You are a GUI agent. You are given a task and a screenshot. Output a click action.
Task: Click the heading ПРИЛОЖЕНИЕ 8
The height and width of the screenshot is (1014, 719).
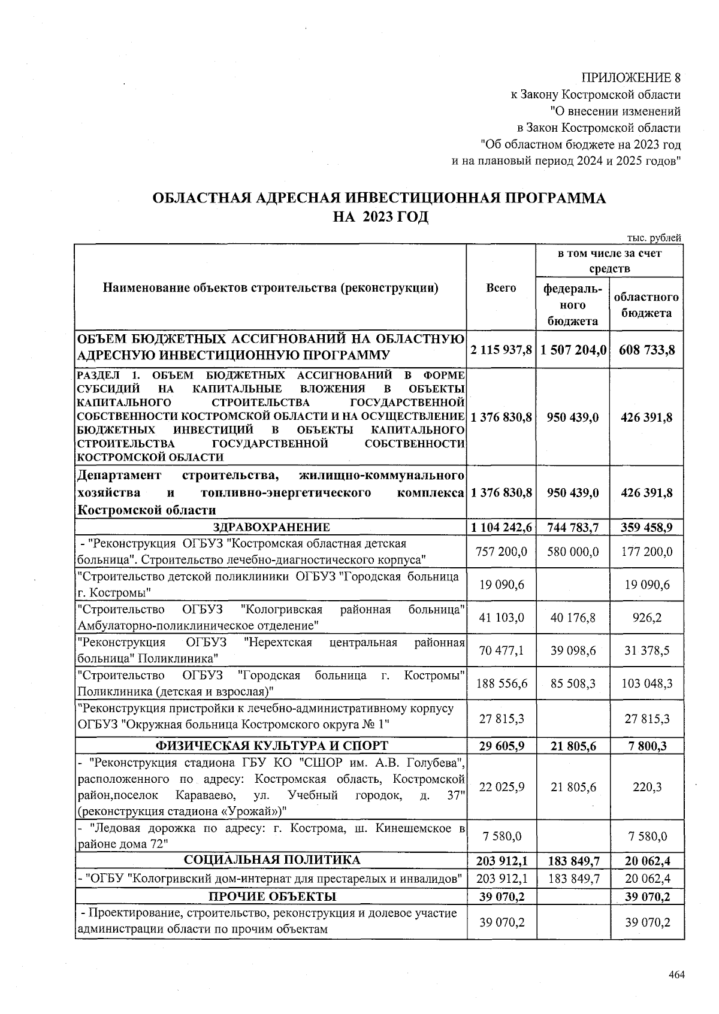click(x=632, y=78)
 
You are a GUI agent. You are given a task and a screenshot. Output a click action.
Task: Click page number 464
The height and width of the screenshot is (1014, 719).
click(x=676, y=974)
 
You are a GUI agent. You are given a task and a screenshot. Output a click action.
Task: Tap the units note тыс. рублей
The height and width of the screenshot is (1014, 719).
click(x=654, y=238)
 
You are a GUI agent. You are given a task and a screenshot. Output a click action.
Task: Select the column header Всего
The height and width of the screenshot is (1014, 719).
click(x=501, y=288)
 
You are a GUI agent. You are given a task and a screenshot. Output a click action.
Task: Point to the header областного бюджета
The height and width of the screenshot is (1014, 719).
click(x=646, y=305)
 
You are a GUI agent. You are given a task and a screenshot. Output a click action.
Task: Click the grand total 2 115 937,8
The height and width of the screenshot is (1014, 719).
click(x=502, y=349)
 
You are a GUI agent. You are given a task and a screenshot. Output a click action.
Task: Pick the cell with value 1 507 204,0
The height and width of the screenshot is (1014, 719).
click(x=573, y=349)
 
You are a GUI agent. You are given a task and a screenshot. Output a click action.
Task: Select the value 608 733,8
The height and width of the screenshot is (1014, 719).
click(x=647, y=349)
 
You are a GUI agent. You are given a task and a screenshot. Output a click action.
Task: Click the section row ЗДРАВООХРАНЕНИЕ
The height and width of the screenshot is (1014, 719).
click(x=271, y=528)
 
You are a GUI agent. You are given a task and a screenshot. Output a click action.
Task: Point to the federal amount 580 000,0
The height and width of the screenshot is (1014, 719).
click(x=573, y=552)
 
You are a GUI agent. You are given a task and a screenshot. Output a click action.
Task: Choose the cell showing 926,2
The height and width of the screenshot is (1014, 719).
click(x=647, y=618)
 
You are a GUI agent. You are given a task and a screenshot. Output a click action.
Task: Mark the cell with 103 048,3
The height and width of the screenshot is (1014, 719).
click(x=647, y=683)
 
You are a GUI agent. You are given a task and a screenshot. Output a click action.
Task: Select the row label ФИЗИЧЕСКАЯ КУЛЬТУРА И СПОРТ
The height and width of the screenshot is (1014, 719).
click(x=271, y=746)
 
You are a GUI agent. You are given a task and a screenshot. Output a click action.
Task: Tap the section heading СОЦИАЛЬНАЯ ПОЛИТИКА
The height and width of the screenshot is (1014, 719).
click(x=271, y=861)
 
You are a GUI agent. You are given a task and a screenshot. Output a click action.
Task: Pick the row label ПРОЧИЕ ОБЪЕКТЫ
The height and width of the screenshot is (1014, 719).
click(x=271, y=897)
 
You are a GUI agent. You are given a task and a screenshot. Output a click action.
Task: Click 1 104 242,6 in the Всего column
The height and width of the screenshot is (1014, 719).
click(x=502, y=528)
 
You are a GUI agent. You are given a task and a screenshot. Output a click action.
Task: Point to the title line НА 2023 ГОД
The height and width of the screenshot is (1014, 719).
click(x=380, y=216)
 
